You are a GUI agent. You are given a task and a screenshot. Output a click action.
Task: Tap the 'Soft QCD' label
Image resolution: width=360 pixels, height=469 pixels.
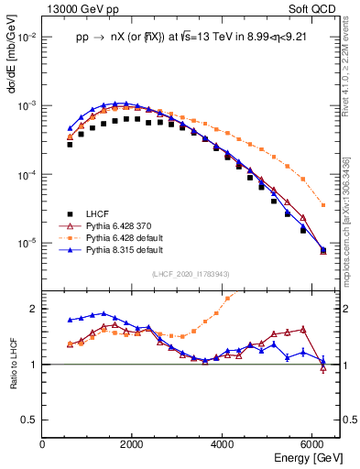tap(317, 9)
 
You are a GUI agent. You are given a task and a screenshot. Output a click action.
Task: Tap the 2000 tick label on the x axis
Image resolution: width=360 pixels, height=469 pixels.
tap(133, 443)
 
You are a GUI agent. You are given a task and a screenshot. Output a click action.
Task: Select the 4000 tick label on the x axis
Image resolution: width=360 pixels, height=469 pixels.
tap(224, 443)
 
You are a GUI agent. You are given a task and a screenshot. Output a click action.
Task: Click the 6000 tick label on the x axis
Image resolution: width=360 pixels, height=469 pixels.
tap(314, 443)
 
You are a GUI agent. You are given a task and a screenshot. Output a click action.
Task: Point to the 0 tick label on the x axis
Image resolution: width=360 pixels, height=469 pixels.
tap(43, 443)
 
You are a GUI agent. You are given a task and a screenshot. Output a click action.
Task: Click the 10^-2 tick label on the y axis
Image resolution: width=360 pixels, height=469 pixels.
tap(27, 38)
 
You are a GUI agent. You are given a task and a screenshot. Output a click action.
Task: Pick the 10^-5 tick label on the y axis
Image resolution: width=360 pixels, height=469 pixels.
tap(27, 244)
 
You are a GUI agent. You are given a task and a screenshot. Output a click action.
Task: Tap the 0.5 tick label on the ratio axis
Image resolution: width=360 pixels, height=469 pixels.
tap(30, 420)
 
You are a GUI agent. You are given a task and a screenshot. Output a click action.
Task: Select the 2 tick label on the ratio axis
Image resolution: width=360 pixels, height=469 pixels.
tap(35, 309)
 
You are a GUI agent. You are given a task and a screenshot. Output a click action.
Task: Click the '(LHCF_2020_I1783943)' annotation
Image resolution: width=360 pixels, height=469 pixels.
tap(190, 275)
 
